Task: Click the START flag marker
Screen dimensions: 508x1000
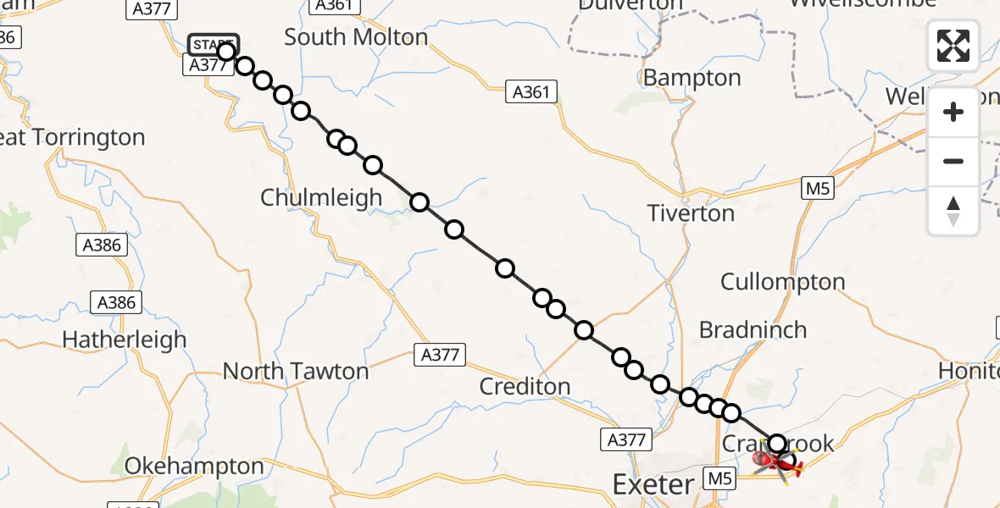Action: click(x=213, y=44)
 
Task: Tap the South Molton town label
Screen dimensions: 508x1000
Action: click(x=356, y=37)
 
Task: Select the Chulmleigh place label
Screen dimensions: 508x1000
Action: click(x=321, y=197)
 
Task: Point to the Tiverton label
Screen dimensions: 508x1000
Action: click(x=691, y=213)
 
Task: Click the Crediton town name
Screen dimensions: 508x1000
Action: click(x=525, y=386)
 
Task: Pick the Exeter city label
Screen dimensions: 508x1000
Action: click(x=653, y=485)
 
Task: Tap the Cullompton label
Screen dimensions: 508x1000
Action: click(x=782, y=282)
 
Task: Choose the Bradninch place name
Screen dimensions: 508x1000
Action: click(x=753, y=329)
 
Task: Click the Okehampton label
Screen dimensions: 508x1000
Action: click(x=194, y=467)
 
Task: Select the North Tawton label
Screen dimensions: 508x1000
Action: click(x=295, y=371)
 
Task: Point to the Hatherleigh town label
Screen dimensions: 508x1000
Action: click(x=124, y=340)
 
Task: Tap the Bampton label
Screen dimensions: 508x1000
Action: click(x=692, y=78)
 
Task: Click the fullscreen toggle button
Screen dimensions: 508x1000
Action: click(x=953, y=45)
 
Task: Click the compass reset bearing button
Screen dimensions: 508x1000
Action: click(x=953, y=211)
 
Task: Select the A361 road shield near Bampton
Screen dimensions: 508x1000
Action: click(x=531, y=91)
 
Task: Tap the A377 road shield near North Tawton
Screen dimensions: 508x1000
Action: click(x=440, y=355)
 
